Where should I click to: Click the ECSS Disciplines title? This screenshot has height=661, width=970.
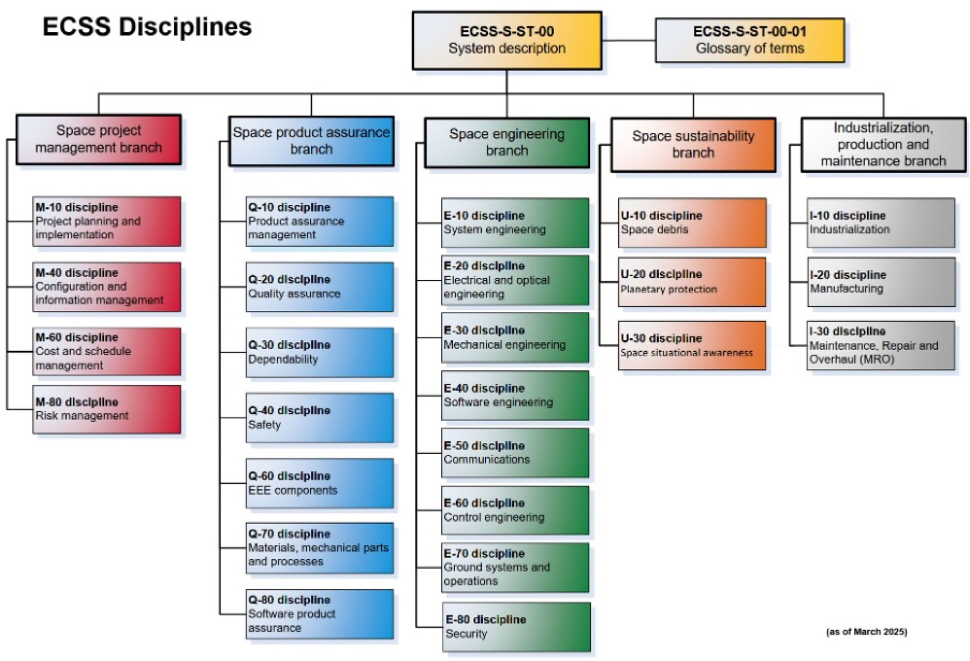(147, 27)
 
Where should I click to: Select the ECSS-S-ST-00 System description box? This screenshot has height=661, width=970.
(507, 41)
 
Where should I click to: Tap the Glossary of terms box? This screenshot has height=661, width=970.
(750, 40)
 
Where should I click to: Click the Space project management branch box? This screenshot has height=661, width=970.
(99, 139)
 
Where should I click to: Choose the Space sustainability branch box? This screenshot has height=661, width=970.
(693, 145)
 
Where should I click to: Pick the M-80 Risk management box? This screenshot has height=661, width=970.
(107, 409)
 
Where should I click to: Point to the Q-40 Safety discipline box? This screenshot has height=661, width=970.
(319, 418)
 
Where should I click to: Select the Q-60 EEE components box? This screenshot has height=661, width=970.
(319, 483)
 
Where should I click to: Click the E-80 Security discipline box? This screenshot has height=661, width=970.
(516, 627)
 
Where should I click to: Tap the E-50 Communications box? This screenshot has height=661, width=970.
(514, 453)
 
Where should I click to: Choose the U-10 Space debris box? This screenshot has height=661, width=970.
(692, 223)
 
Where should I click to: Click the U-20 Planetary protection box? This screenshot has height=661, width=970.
(692, 282)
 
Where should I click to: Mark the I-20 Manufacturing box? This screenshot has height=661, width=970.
(880, 282)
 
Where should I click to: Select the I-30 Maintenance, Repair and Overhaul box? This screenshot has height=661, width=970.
(880, 345)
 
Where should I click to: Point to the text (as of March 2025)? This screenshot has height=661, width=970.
(866, 632)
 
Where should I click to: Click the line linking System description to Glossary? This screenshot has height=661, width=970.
(628, 41)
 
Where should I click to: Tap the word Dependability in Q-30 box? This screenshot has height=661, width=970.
(283, 360)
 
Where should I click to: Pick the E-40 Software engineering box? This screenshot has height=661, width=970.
(514, 395)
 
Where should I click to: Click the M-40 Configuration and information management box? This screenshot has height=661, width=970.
(107, 287)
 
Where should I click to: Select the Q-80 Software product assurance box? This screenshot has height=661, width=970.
(319, 614)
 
